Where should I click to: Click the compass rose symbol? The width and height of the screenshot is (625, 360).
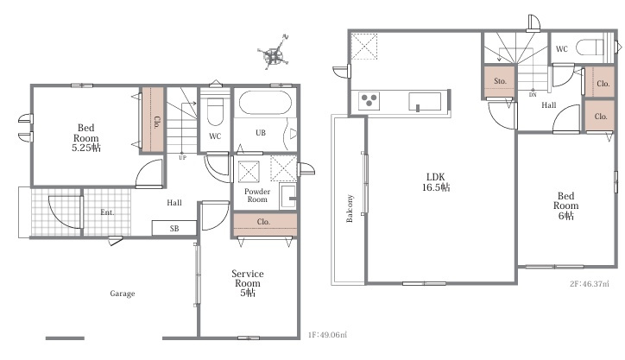pos(274,54)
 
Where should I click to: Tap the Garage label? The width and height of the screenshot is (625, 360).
pos(123,294)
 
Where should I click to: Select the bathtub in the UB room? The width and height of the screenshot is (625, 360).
pos(265,103)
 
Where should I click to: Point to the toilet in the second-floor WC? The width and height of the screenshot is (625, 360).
pos(590,47)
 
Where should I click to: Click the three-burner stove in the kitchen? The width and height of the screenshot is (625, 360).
pos(369,101)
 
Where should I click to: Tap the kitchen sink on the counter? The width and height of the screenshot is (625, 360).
pos(425,101)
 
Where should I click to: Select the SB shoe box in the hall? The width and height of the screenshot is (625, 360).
pos(174,228)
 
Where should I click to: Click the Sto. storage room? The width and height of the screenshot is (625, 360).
pos(500,81)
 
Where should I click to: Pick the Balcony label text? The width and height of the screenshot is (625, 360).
pos(350,208)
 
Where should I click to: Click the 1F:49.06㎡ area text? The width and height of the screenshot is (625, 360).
pos(327,335)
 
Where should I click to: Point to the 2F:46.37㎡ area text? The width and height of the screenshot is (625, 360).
pos(590,284)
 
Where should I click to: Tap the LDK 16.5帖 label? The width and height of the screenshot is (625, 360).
pos(436,182)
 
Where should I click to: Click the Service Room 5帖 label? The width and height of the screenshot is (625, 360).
pos(248,283)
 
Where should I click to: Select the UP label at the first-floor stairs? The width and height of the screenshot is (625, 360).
pos(182,158)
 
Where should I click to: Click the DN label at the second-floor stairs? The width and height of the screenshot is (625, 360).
pos(533,95)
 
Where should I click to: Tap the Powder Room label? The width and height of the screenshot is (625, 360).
pos(257,195)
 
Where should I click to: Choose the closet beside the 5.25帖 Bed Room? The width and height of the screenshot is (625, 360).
pos(153,120)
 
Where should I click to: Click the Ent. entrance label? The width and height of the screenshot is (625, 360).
pos(107,212)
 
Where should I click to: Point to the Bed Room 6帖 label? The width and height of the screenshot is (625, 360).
pos(565,205)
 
